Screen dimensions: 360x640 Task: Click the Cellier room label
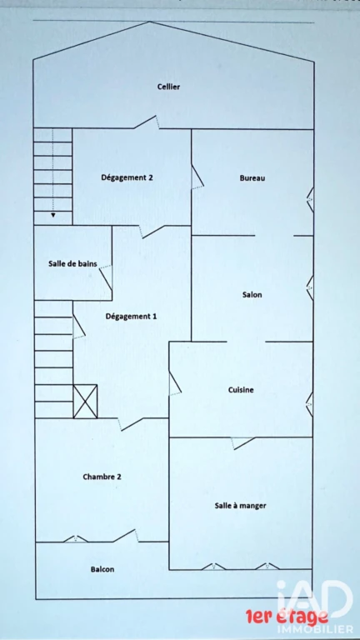coord(168,87)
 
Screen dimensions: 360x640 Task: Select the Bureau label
coord(252,178)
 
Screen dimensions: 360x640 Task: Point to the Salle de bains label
coord(72,263)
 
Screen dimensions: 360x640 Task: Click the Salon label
coord(252,295)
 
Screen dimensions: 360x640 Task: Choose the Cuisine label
coord(241,390)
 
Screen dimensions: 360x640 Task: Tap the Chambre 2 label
coord(102,477)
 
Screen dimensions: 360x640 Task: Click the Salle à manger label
coord(240,506)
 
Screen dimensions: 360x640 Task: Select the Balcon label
coord(102,569)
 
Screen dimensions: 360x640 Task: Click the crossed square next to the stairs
coord(85,402)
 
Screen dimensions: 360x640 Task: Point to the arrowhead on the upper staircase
coord(53,215)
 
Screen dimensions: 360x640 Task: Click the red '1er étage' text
coord(287,617)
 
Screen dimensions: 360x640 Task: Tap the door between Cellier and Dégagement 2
coord(147,122)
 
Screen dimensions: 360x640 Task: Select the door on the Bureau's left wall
coord(197,177)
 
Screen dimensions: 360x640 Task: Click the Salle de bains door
coord(106,277)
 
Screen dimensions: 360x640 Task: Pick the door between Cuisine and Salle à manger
coord(243,443)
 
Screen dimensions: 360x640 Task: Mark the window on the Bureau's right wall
coord(310,200)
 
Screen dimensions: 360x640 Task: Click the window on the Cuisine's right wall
coord(310,404)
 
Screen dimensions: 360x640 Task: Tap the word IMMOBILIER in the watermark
coord(315,629)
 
